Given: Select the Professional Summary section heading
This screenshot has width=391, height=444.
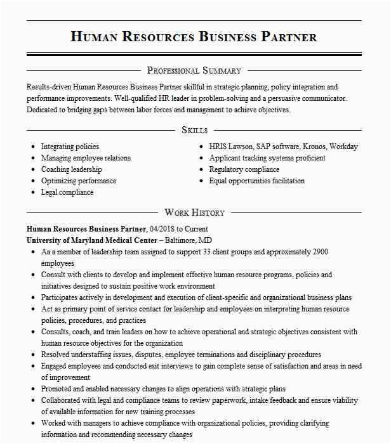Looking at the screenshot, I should (194, 70).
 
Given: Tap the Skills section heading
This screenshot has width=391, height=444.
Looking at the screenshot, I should (194, 130).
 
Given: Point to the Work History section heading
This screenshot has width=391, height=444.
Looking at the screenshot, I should (194, 212).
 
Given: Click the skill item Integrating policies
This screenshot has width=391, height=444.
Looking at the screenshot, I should (70, 147).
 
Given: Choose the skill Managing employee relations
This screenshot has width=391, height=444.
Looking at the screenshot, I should (86, 158).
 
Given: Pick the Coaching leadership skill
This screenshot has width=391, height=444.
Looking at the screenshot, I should (72, 169).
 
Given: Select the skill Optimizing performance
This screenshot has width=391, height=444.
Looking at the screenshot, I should (79, 181).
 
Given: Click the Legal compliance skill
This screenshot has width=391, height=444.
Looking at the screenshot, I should (67, 192).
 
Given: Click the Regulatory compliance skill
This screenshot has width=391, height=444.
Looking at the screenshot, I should (244, 169).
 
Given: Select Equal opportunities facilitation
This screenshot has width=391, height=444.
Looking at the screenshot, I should (257, 181).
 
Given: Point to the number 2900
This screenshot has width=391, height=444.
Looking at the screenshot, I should (320, 252).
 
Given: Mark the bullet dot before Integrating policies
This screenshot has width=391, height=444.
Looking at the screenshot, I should (33, 147).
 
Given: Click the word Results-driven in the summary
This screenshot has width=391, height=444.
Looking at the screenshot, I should (49, 87).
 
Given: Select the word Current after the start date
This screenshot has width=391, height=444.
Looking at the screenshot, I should (195, 229).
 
